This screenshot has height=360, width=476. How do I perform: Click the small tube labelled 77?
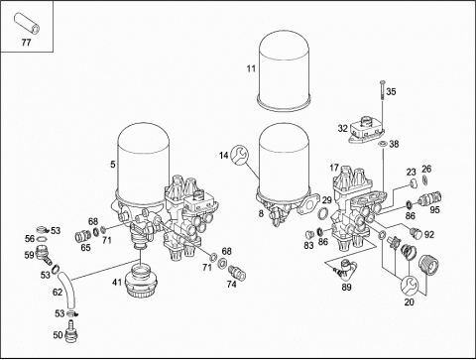(x=27, y=23)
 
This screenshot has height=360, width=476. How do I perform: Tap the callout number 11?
(x=251, y=68)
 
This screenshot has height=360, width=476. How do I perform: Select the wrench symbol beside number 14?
(x=240, y=155)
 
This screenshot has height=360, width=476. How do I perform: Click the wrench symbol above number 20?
(x=410, y=285)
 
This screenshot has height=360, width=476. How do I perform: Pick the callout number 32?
(x=342, y=128)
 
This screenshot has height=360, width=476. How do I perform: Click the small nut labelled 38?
(x=383, y=144)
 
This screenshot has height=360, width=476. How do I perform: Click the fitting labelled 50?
(x=71, y=331)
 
